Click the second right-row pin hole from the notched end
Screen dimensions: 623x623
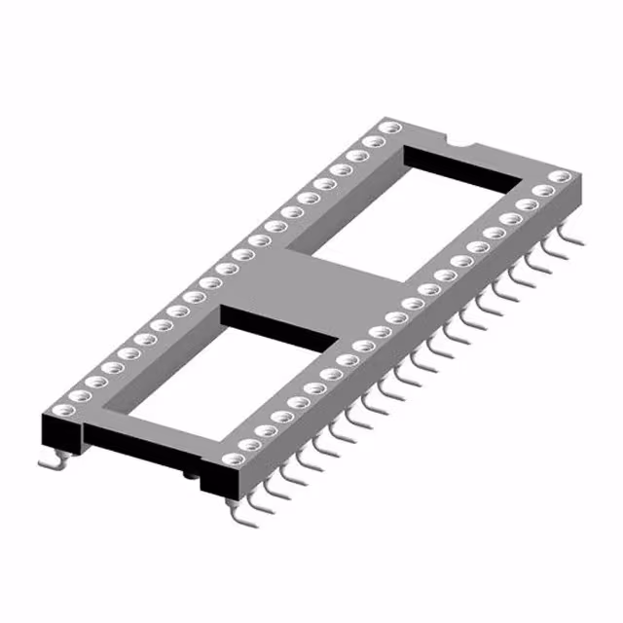540,191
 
